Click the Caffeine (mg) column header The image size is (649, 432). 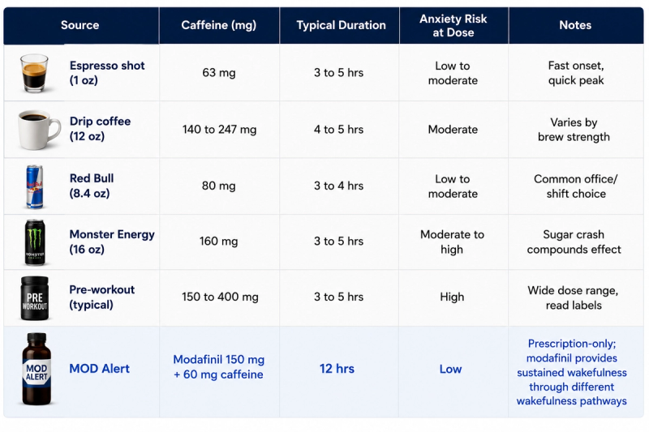[218, 25]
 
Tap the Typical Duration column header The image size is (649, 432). [341, 25]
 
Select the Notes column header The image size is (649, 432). [575, 25]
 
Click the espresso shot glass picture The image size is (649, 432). [34, 73]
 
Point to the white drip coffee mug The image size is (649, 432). [38, 130]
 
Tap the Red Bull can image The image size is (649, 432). [34, 186]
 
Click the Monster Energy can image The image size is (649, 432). [35, 242]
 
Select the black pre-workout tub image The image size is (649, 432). [35, 298]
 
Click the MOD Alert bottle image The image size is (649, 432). [37, 369]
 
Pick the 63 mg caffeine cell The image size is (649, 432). [218, 73]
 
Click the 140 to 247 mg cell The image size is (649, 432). [219, 130]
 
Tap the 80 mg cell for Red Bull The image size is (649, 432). [218, 186]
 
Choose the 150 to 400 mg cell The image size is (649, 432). [220, 297]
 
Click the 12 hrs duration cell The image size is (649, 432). [337, 368]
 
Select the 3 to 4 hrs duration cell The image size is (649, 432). [338, 186]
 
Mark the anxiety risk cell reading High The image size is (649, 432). [452, 297]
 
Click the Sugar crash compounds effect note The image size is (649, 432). [574, 242]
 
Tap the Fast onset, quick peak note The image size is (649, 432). [576, 73]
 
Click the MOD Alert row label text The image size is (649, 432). [99, 368]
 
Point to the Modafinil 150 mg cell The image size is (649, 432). [218, 366]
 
